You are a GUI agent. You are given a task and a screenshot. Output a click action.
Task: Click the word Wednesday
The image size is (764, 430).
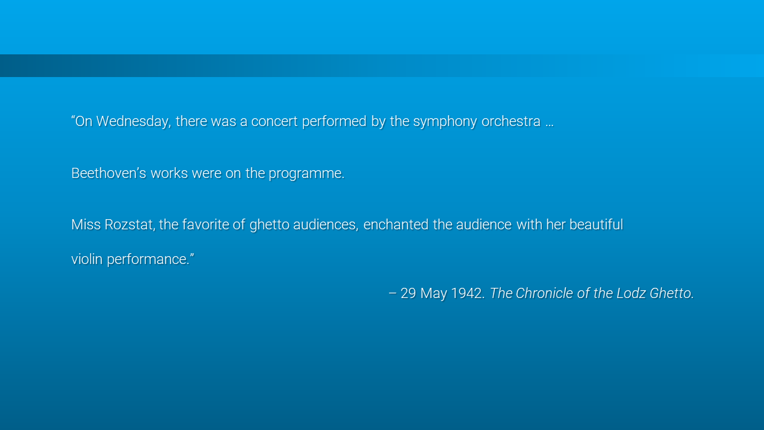point(133,121)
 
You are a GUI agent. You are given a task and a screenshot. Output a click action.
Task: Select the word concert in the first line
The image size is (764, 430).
point(275,121)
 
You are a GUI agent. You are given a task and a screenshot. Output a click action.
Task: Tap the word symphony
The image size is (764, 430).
point(445,121)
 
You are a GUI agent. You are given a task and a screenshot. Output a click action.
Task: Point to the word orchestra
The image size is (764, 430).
point(511,121)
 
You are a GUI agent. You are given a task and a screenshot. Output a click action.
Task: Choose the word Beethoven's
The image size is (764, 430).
point(109,173)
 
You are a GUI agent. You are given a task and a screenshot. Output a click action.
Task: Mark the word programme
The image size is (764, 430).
point(306,174)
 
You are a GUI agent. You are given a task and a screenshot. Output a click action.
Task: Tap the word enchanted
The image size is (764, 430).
point(396,225)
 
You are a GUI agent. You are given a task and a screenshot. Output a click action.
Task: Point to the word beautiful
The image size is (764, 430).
point(596,225)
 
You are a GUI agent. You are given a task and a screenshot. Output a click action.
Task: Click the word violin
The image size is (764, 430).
point(87,259)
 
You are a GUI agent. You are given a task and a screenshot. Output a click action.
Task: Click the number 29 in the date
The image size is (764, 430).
point(408,293)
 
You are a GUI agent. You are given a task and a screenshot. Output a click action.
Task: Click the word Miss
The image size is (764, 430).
point(86,225)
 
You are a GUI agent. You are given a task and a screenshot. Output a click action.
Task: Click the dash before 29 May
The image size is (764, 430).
point(393,293)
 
